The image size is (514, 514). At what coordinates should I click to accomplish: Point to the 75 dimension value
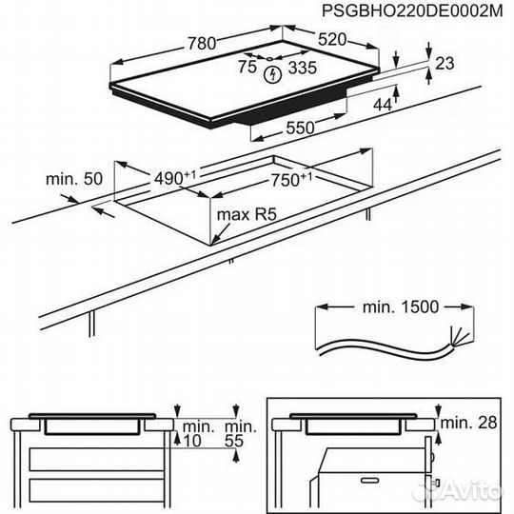coord(247,69)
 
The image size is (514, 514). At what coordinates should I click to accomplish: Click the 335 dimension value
coord(302,69)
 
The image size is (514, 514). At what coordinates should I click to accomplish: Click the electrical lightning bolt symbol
coord(274,70)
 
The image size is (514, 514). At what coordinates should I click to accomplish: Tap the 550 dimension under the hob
coord(301,127)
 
